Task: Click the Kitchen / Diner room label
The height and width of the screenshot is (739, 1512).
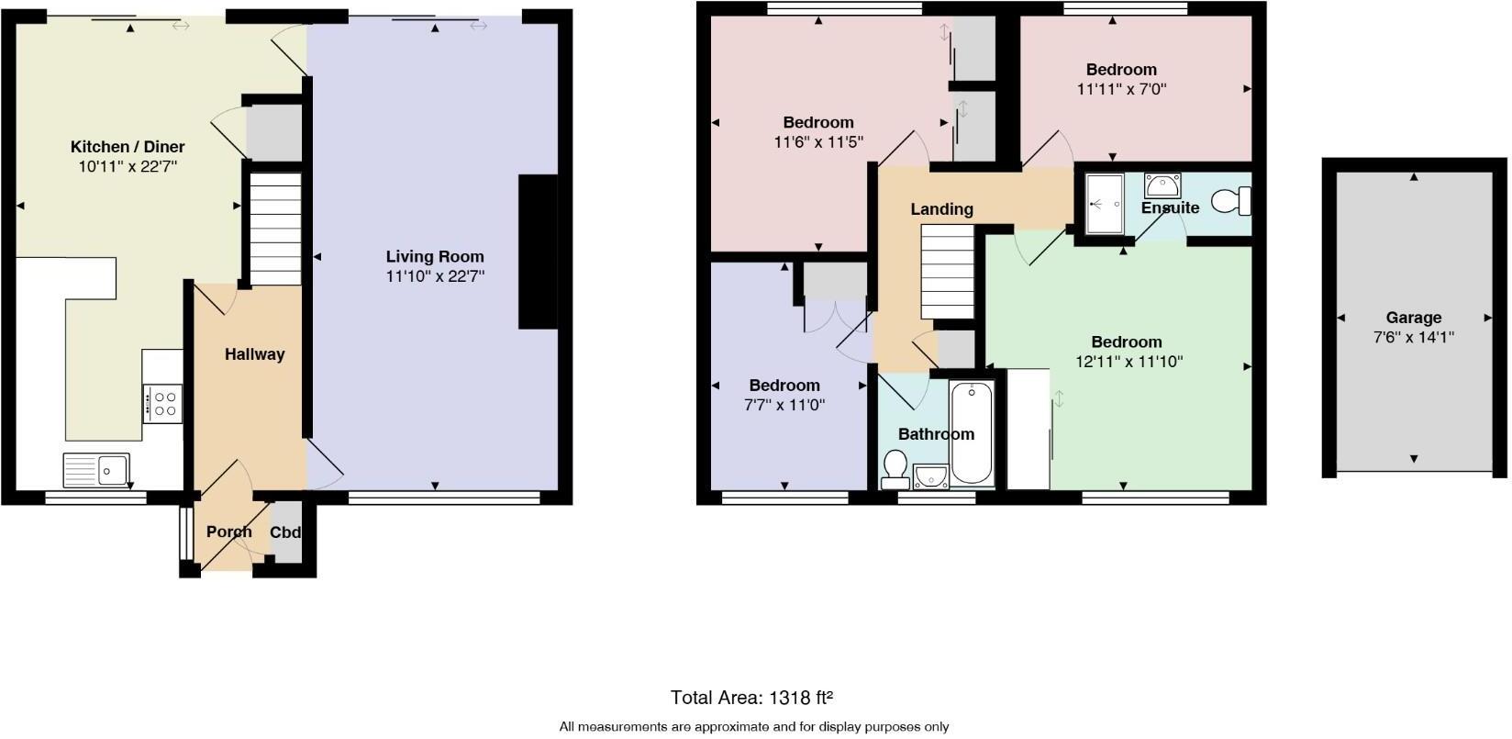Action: point(128,147)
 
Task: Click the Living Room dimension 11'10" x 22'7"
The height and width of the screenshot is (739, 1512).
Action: point(435,275)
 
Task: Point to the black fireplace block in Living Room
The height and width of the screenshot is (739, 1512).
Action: point(538,252)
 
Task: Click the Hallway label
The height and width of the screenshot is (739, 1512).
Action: point(254,354)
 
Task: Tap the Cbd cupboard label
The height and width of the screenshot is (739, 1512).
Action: point(285,532)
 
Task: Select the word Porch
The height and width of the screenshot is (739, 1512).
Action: point(228,532)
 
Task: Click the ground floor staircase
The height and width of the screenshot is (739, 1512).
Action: point(275,230)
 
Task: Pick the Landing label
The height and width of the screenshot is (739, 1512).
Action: point(941,209)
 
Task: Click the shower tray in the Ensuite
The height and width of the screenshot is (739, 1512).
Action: point(1104,204)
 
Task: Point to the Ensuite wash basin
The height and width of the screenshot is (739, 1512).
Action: point(1162,185)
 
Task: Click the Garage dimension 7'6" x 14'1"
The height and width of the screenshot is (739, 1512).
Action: point(1413,337)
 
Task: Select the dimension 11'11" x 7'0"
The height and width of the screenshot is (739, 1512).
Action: point(1121,89)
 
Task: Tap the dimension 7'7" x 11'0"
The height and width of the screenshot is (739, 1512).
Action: point(784,404)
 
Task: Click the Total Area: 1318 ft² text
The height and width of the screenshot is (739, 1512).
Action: point(751,698)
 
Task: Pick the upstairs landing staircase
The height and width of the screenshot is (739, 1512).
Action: point(947,272)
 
